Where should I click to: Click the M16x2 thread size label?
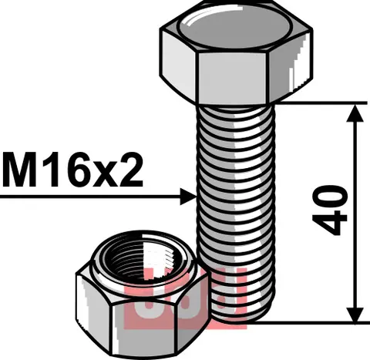73,171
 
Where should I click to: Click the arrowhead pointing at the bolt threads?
187,198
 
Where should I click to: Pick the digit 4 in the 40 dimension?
330,224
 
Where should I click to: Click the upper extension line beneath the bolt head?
308,102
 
